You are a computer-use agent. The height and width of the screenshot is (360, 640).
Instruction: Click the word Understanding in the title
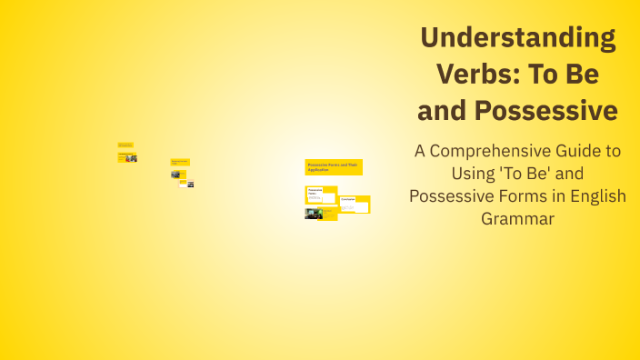coord(517,38)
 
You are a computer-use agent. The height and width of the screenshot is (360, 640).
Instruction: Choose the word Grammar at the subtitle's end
coord(517,218)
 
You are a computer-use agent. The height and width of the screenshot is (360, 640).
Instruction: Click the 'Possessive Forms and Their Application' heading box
coord(334,167)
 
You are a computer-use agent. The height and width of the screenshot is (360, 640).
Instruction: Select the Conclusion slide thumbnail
coord(355,204)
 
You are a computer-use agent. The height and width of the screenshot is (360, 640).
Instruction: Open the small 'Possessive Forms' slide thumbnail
coord(320,195)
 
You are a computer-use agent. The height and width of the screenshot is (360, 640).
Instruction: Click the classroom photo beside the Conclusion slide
coord(314,214)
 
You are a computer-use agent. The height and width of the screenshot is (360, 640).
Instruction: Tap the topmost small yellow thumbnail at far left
coord(125,145)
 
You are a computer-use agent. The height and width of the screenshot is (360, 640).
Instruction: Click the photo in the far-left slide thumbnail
coord(132,157)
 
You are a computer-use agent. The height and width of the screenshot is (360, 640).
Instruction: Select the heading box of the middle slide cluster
coord(180,162)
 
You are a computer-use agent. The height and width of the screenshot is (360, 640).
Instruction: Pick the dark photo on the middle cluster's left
coord(175,174)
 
